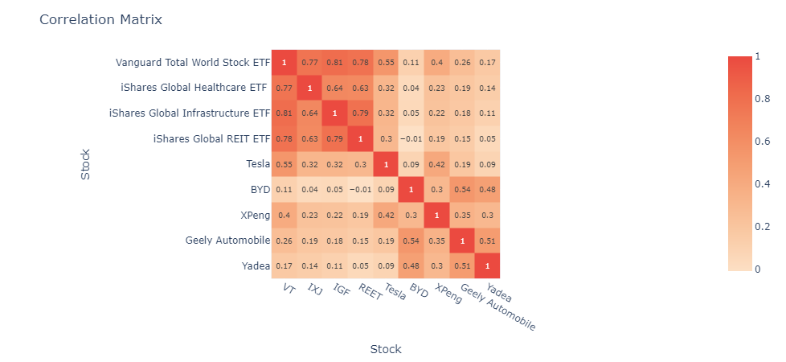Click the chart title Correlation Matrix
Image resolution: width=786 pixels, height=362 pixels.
(x=100, y=19)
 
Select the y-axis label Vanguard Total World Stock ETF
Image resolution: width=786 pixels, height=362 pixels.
(x=193, y=62)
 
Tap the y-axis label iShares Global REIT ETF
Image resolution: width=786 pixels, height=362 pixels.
(x=211, y=139)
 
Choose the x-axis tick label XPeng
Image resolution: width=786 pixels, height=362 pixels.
(x=448, y=294)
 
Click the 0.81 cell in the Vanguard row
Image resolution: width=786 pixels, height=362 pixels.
(x=334, y=62)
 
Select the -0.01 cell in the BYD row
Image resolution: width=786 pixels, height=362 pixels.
(x=360, y=190)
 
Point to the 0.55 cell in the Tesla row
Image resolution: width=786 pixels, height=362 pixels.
(x=284, y=164)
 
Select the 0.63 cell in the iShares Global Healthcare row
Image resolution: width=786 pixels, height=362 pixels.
(x=360, y=88)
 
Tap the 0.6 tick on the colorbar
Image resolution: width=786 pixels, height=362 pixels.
(x=759, y=142)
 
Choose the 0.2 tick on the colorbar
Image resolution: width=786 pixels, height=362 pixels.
(x=759, y=227)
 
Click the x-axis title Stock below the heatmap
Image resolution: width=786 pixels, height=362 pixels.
(x=385, y=349)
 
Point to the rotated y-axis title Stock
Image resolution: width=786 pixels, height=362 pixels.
(x=86, y=164)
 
